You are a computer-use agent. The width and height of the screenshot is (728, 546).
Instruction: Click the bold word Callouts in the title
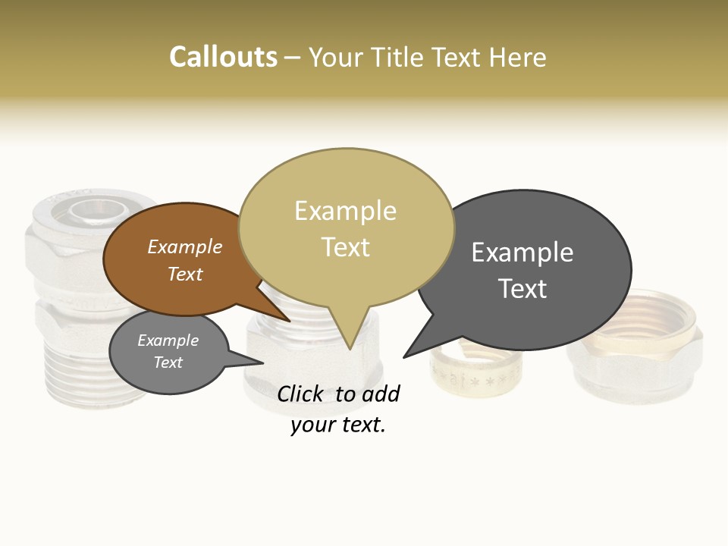223,57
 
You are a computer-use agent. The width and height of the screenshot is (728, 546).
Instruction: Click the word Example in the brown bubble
185,246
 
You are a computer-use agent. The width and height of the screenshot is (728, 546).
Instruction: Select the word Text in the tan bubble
346,247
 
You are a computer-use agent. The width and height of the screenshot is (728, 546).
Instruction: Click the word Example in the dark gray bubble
522,253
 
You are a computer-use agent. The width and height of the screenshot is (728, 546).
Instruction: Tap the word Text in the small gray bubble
168,362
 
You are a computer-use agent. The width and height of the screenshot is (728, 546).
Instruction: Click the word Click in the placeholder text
300,394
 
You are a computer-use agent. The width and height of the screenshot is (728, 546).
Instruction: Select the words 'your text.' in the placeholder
338,425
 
